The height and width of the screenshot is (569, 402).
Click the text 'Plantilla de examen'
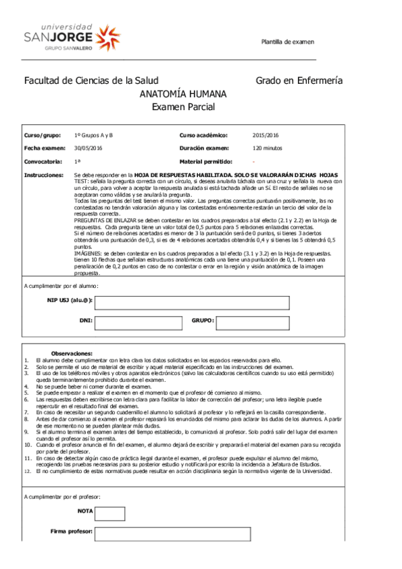287,42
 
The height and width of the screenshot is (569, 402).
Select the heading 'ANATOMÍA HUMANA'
183,94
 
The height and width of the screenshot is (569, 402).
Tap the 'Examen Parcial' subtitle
183,107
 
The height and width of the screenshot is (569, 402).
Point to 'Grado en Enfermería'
299,81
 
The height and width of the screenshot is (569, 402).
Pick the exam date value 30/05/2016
88,148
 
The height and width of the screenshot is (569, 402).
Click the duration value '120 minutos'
267,148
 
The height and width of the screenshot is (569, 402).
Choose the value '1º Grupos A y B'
94,135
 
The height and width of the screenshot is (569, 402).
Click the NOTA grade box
109,513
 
